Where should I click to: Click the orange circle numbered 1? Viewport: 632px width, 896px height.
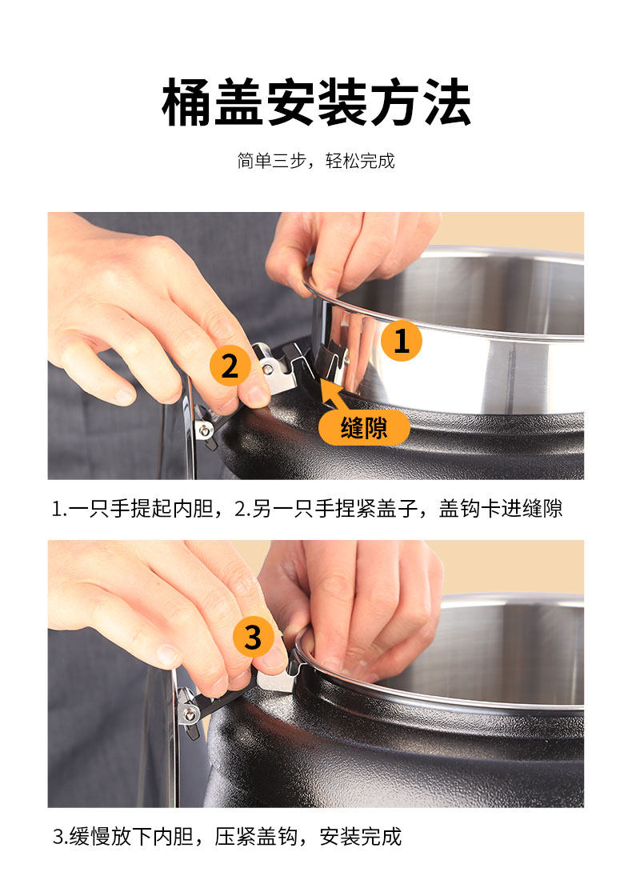click(401, 341)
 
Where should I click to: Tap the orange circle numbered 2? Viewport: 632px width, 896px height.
click(230, 366)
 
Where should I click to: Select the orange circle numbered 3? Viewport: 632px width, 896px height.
click(253, 637)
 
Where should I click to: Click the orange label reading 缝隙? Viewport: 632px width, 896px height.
click(364, 428)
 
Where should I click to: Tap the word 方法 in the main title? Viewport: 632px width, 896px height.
click(420, 103)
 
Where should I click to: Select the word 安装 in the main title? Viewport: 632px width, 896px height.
click(317, 103)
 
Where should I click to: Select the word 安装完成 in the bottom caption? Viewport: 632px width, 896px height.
click(361, 837)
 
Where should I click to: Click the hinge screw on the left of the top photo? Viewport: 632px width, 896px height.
click(203, 429)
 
